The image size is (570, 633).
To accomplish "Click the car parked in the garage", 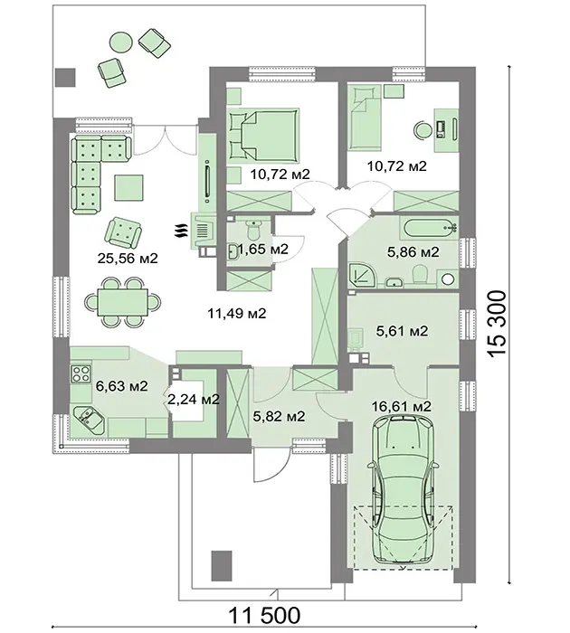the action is pos(403,491).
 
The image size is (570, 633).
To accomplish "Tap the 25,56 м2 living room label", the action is pos(128,258).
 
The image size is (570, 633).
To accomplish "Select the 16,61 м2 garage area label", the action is pos(402,406).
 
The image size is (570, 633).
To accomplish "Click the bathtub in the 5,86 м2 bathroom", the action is pos(429,226).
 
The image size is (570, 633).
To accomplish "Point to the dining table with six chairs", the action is pos(122,301).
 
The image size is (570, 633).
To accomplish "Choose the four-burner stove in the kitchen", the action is pos(81,373).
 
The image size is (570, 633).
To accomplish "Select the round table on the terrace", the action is pos(121,42).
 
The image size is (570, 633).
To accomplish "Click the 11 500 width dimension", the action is pos(264,615).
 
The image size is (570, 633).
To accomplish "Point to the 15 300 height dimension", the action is pos(497,324).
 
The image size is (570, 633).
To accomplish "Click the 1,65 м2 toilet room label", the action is pos(263,249).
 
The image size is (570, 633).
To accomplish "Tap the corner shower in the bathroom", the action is pos(363,275).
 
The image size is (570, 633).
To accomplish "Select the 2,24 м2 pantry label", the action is pos(194,400).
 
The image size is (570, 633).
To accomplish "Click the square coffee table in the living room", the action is pos(128,187).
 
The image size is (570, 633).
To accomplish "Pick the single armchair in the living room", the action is pos(123,232).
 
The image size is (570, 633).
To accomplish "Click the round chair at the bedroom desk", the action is pos(423,129).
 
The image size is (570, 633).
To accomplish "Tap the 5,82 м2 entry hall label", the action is pos(279,416).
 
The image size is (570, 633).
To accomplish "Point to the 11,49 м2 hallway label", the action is pos(237,313).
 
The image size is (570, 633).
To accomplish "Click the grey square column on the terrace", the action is pos(65,77).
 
